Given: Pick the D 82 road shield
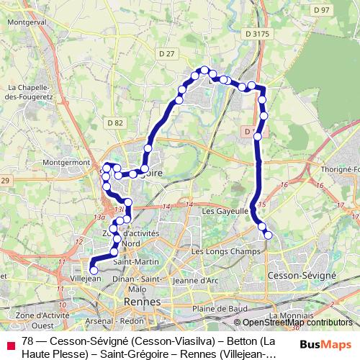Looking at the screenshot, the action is coord(115,124).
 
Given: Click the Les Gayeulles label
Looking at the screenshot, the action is coord(225,212).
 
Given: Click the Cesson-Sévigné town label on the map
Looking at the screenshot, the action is coord(301,276).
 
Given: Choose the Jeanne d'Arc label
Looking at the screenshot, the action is coord(196,280).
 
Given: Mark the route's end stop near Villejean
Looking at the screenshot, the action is coord(94,270).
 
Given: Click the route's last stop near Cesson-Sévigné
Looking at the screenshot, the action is coord(269,235).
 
